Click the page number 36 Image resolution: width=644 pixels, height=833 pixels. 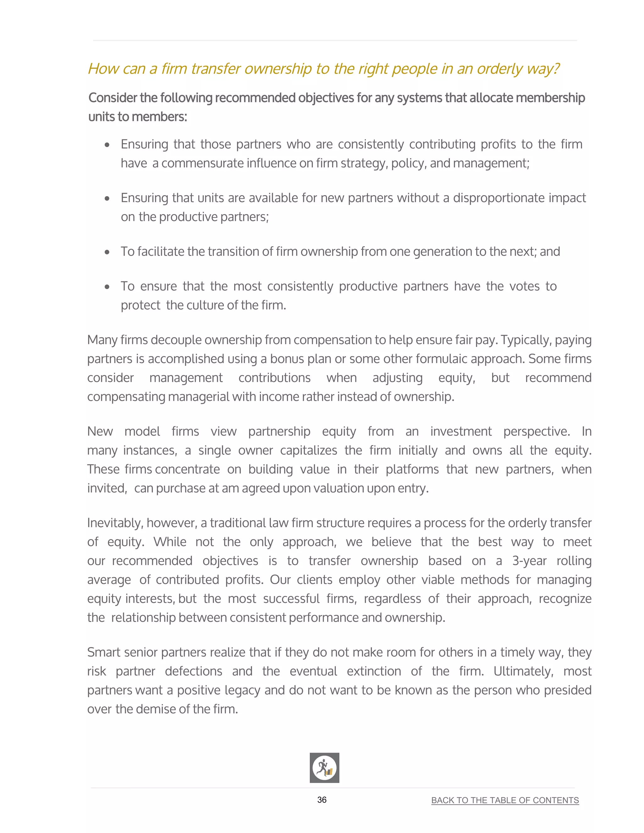(322, 800)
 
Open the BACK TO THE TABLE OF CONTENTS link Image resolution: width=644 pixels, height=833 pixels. (505, 800)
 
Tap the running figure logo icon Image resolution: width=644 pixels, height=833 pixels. (324, 768)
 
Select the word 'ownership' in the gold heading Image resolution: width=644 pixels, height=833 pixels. (278, 69)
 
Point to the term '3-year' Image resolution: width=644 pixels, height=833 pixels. (529, 561)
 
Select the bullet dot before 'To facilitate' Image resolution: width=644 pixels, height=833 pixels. (107, 252)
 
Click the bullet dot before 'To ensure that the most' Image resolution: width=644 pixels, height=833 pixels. (107, 287)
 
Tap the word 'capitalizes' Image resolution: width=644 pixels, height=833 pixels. (308, 450)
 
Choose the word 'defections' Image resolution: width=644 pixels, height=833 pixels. (193, 671)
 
